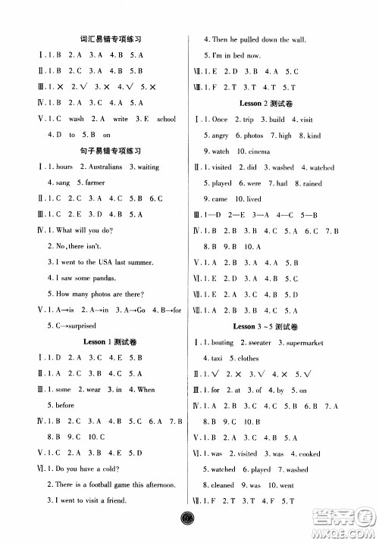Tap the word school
[x=165, y=118]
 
